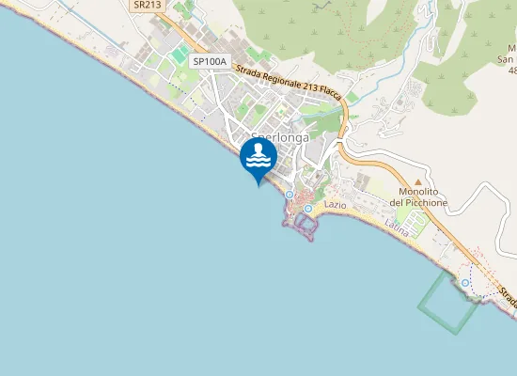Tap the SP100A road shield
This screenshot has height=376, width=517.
(210, 61)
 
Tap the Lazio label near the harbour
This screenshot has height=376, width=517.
(336, 204)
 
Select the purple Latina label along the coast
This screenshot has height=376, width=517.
(397, 227)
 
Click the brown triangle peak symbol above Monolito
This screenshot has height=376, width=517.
(418, 181)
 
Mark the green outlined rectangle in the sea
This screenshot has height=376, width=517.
(448, 301)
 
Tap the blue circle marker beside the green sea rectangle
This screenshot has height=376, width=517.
(465, 282)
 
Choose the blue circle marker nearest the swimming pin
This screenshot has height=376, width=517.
(289, 195)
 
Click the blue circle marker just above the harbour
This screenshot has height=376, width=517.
(307, 208)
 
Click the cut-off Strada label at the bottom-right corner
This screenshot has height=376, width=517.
(509, 299)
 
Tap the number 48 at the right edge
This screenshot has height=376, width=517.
(511, 70)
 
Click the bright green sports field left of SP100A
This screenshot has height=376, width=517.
(179, 56)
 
